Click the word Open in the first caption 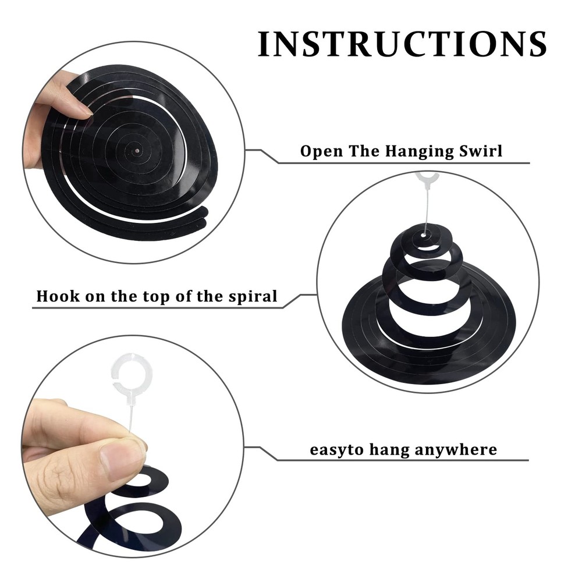click(321, 151)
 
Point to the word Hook click(58, 296)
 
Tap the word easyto click(336, 450)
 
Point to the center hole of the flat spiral click(137, 151)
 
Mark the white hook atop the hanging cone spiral click(427, 178)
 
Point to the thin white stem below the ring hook click(130, 416)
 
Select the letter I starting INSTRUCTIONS click(262, 44)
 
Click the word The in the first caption click(364, 151)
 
